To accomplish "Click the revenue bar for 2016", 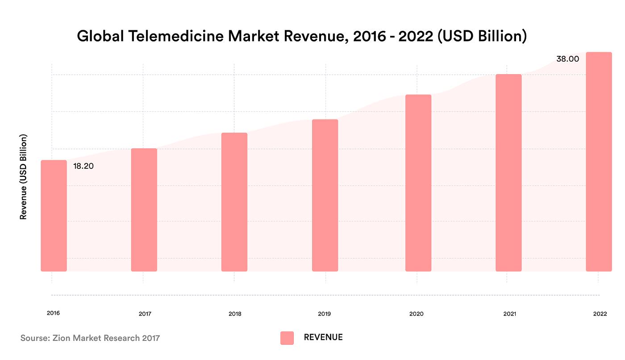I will (x=54, y=216).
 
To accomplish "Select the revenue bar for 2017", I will (x=144, y=210).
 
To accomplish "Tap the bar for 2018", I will (x=234, y=202).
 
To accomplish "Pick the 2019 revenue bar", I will (x=325, y=195).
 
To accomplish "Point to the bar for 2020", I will (x=418, y=183).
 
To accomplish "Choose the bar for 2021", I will (x=508, y=173).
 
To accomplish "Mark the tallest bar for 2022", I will (x=599, y=162).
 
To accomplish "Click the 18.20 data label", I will (x=83, y=166).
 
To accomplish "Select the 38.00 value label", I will (x=567, y=59).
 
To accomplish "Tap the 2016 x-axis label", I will (x=53, y=313).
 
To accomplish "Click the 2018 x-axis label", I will (x=235, y=314).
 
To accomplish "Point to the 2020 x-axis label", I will (x=416, y=314).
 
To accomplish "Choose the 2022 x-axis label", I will (x=600, y=314).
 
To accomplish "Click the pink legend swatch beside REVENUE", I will (x=287, y=338).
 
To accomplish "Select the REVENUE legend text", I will (x=323, y=337).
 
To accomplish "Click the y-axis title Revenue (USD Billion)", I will (x=23, y=177).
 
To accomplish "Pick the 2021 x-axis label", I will (x=509, y=314).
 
